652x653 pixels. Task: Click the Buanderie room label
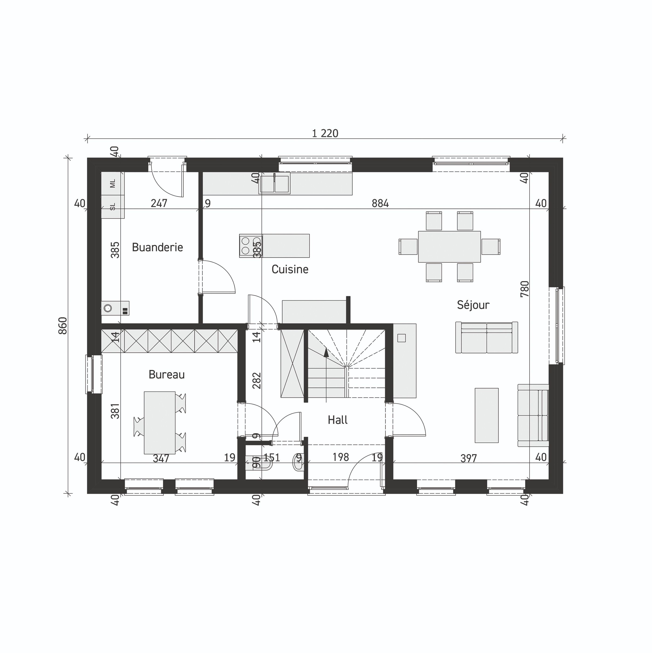[x=157, y=247]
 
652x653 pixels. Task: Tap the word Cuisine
[x=290, y=269]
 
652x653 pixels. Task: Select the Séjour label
[x=473, y=305]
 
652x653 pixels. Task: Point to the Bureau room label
[x=166, y=374]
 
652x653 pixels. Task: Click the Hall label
[x=337, y=420]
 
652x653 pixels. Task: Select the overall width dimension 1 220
[x=325, y=134]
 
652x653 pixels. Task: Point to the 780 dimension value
[x=524, y=289]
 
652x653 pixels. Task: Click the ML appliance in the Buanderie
[x=113, y=183]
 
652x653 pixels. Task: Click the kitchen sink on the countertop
[x=274, y=184]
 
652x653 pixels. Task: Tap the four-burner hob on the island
[x=250, y=246]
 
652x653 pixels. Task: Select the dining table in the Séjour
[x=449, y=247]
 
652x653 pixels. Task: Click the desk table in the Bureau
[x=159, y=422]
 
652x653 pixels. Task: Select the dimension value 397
[x=468, y=458]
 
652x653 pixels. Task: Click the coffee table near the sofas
[x=486, y=415]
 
